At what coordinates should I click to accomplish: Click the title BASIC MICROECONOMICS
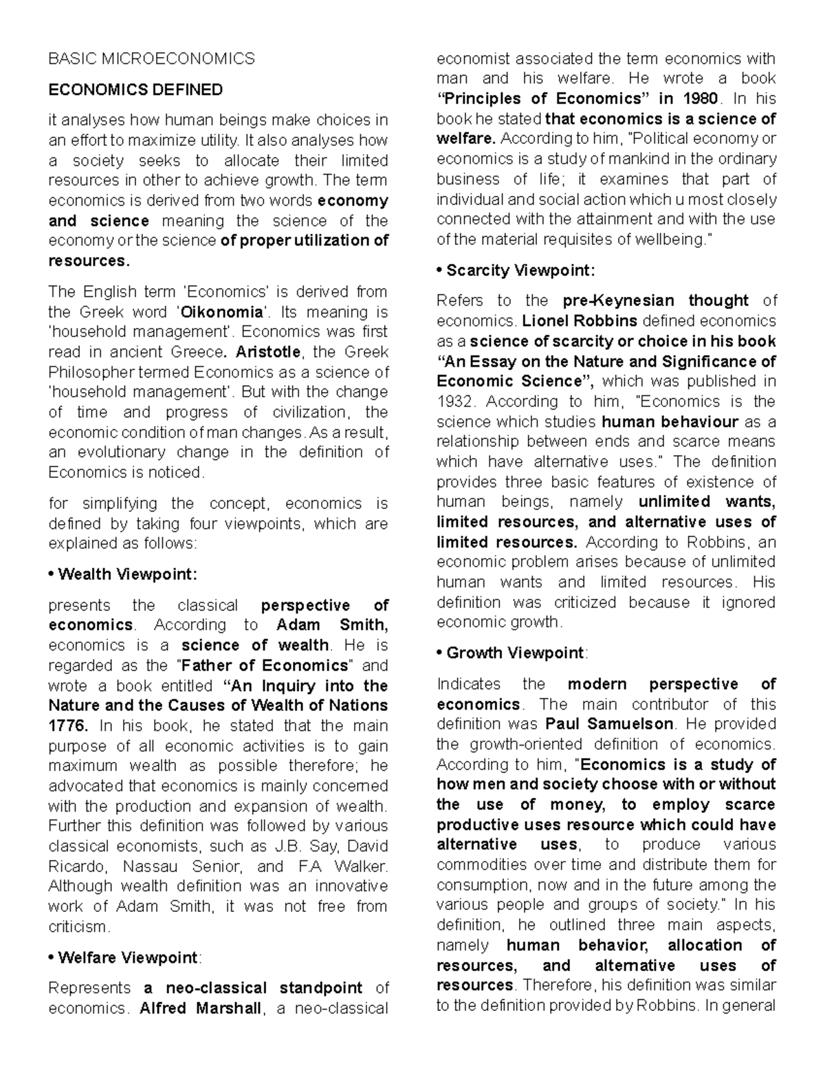pyautogui.click(x=151, y=59)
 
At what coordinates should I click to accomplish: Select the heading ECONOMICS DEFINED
pyautogui.click(x=135, y=90)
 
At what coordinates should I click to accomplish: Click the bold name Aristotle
pyautogui.click(x=268, y=352)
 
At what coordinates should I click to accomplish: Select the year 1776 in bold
pyautogui.click(x=67, y=726)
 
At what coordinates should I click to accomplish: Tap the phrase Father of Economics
pyautogui.click(x=265, y=666)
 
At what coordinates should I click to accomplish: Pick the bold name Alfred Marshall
pyautogui.click(x=200, y=1008)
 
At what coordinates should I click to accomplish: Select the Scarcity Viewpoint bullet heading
pyautogui.click(x=516, y=270)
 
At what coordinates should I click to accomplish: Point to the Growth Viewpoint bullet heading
pyautogui.click(x=511, y=653)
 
